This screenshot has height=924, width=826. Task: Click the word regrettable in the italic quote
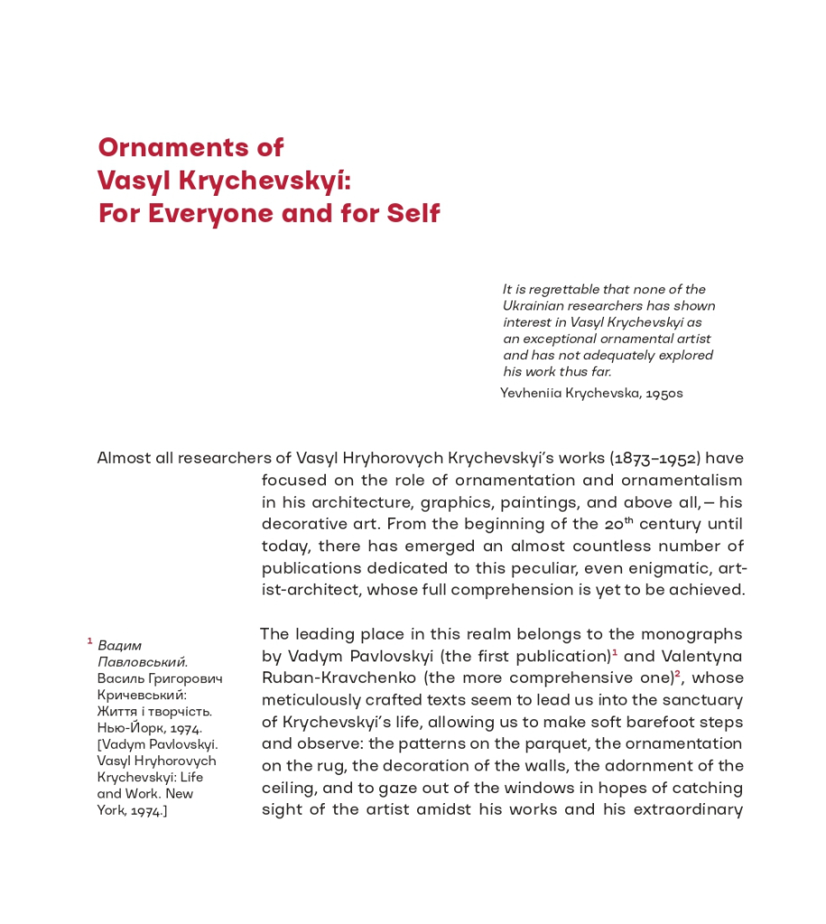(568, 290)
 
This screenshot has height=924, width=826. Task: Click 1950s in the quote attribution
(664, 393)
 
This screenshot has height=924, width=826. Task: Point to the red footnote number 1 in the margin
(90, 641)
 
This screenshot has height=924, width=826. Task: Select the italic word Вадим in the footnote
(119, 646)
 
